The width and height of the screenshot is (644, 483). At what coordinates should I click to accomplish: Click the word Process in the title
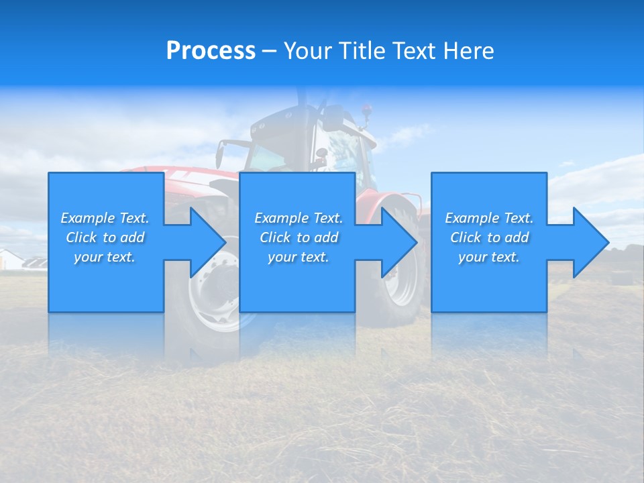click(211, 51)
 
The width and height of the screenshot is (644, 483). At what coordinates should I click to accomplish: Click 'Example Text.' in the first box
click(105, 218)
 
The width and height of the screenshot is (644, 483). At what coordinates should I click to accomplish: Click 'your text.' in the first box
click(105, 257)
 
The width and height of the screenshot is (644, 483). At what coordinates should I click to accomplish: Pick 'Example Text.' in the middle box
click(299, 218)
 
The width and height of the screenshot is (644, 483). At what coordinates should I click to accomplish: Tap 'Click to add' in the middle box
click(299, 237)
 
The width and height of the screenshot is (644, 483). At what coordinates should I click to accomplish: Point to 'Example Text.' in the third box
click(489, 218)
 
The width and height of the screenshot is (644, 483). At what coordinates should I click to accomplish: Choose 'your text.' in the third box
click(489, 257)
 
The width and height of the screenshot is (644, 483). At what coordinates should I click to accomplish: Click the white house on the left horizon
click(10, 259)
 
